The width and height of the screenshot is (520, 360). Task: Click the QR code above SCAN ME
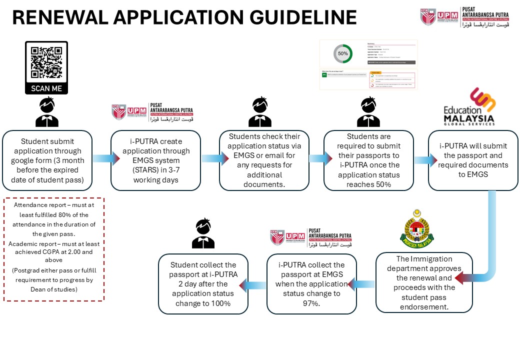coord(46,62)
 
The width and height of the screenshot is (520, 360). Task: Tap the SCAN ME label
coord(46,88)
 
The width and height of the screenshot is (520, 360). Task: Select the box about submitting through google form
coord(47,160)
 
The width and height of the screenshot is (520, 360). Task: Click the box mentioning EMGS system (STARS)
coord(155,160)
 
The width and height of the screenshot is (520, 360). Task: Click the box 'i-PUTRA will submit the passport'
coord(473,160)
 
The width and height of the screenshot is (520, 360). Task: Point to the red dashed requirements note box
coord(54,249)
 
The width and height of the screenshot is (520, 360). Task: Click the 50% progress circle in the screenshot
coord(343,53)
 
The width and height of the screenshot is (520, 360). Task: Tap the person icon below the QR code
coord(46,112)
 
